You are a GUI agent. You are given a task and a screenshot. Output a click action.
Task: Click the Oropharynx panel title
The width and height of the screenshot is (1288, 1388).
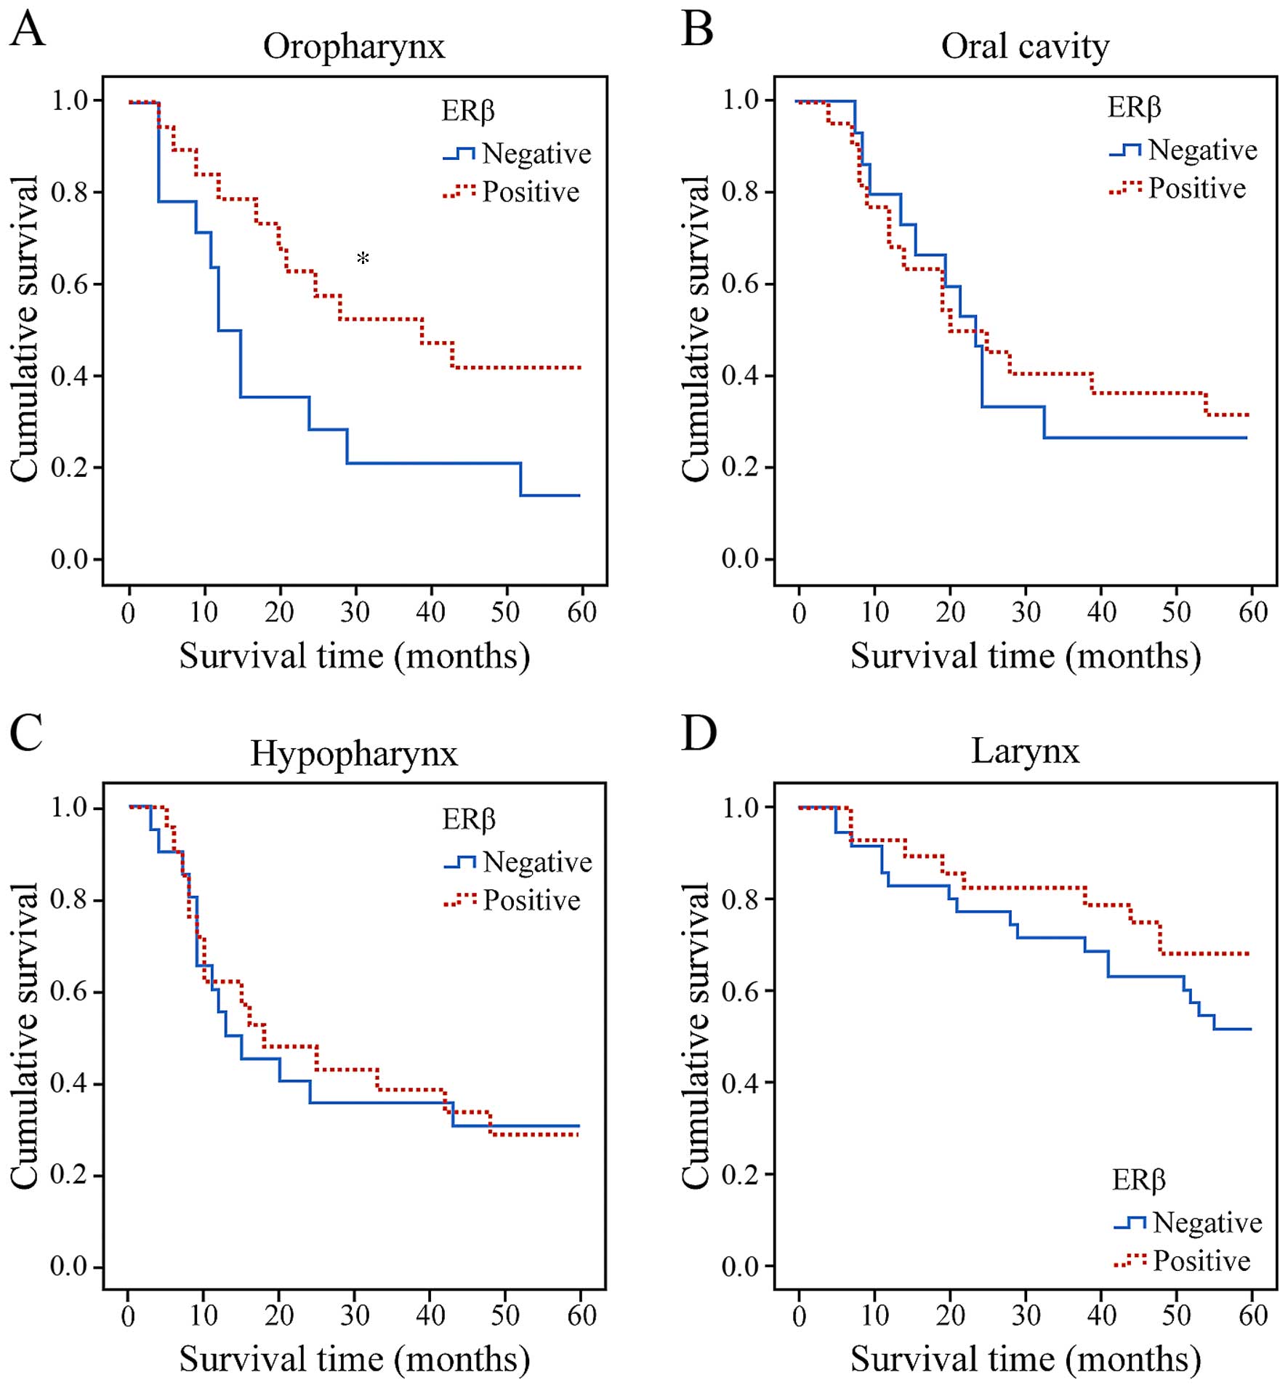[x=353, y=47]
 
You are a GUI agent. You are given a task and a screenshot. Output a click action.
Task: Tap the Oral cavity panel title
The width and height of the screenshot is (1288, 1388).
[x=1025, y=47]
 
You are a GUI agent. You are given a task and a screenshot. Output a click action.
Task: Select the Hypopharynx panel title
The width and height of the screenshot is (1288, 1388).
[x=354, y=754]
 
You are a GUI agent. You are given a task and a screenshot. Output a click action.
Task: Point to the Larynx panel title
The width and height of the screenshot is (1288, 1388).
[x=1025, y=751]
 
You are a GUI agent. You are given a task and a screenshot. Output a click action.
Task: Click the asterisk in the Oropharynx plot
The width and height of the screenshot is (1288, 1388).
[x=363, y=259]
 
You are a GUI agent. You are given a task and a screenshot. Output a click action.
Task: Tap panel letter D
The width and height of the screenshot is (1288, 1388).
[x=699, y=734]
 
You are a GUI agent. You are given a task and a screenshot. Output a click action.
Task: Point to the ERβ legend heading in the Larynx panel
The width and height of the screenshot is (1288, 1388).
[x=1138, y=1179]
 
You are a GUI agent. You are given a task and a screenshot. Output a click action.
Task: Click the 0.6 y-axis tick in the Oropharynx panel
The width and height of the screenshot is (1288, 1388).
[x=70, y=284]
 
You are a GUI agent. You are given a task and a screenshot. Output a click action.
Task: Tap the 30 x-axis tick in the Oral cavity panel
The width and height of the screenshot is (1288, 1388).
[x=1026, y=612]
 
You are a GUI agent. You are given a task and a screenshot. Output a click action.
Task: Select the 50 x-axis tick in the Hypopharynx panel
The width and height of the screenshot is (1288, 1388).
[x=505, y=1315]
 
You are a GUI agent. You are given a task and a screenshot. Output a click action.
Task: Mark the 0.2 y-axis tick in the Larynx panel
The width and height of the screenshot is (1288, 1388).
[x=741, y=1175]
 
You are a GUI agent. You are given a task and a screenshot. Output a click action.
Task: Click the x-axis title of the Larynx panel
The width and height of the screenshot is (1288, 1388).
[x=1025, y=1359]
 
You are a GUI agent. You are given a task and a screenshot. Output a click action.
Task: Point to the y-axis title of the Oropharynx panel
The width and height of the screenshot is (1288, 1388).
[x=25, y=329]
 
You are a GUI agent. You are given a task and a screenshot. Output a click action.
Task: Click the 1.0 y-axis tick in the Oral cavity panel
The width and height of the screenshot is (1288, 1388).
[x=741, y=100]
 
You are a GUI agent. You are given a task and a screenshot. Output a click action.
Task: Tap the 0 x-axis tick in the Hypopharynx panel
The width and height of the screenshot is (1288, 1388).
[x=128, y=1315]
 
